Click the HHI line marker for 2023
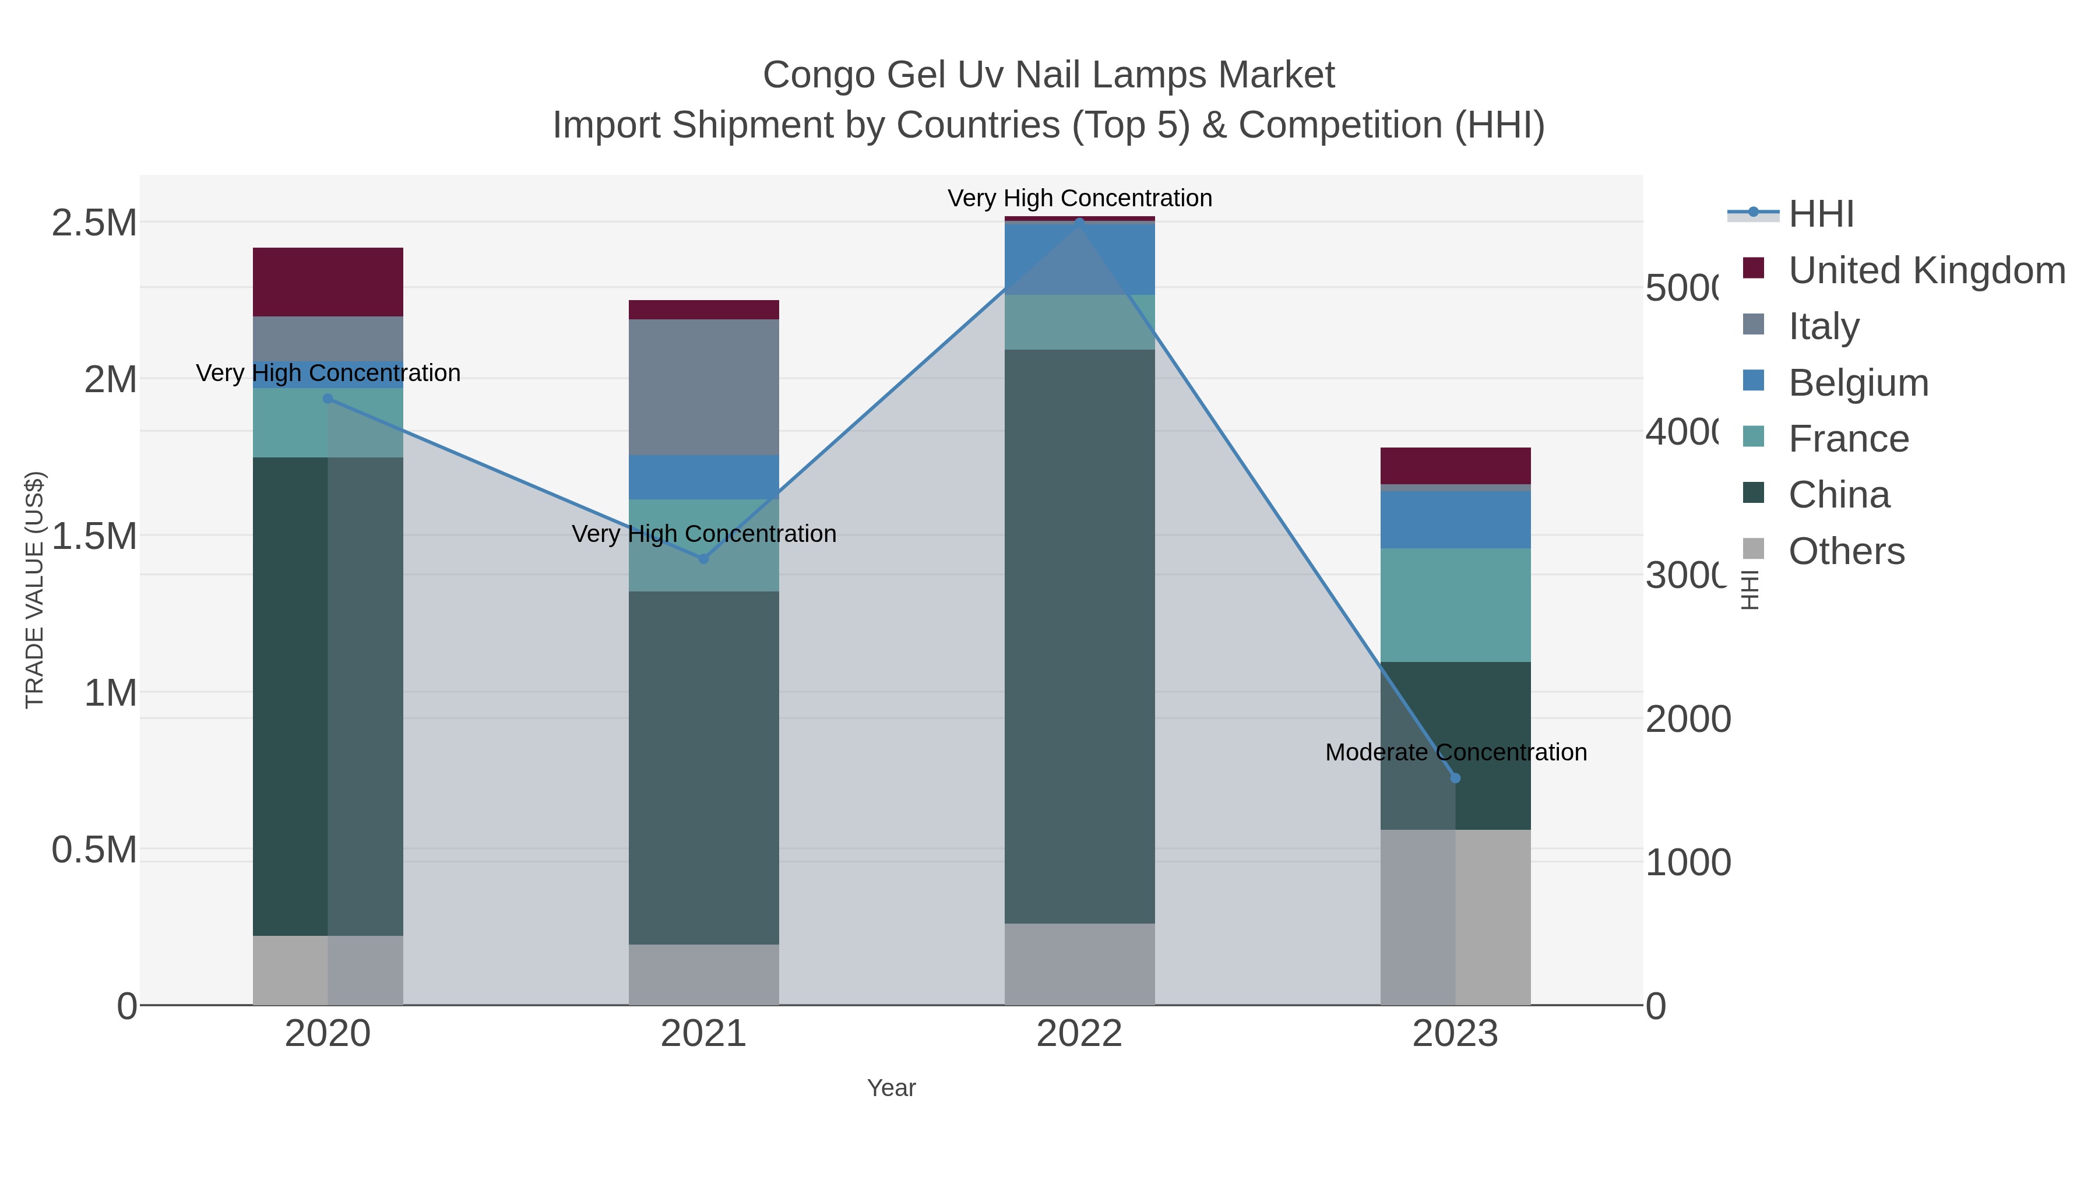click(x=1455, y=778)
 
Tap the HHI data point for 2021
click(x=703, y=559)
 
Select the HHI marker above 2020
click(x=328, y=398)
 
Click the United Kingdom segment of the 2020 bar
click(x=328, y=282)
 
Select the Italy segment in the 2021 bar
click(x=703, y=387)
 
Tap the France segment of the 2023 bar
click(x=1455, y=604)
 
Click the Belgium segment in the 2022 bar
click(x=1079, y=258)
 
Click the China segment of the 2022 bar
click(x=1079, y=635)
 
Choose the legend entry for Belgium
click(x=1858, y=383)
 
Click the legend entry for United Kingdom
click(x=1925, y=270)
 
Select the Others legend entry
click(x=1846, y=551)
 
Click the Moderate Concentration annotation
click(x=1455, y=752)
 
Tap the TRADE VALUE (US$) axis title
click(x=34, y=590)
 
